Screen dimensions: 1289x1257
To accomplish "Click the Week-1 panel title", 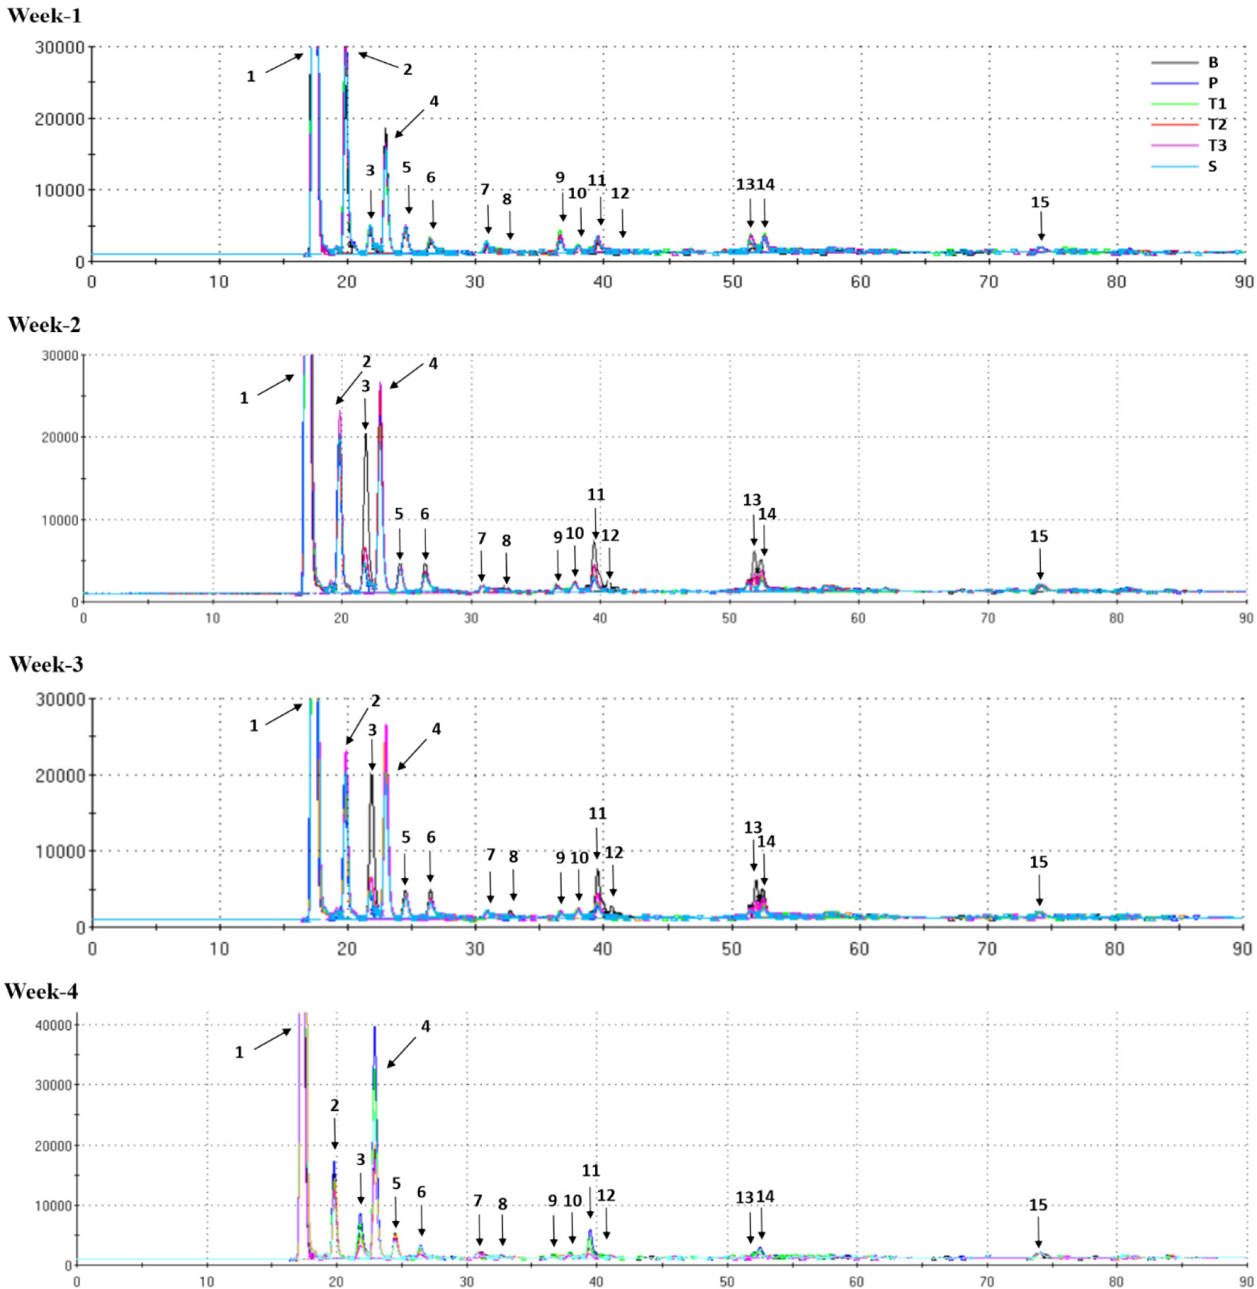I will coord(44,16).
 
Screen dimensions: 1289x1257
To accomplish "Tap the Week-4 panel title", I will coord(41,992).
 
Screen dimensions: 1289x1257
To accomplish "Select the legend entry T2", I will coord(1217,125).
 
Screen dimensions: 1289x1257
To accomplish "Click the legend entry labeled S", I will coord(1212,166).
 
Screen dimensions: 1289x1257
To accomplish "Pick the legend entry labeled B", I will coord(1212,62).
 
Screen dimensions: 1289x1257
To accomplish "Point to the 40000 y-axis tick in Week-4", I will coord(53,1026).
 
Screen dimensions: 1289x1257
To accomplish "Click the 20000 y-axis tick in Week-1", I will coord(60,119).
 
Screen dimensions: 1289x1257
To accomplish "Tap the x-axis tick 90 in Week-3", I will coord(1241,949).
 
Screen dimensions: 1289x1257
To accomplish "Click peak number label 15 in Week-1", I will coord(1039,203).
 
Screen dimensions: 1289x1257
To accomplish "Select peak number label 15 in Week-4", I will coord(1038,1205).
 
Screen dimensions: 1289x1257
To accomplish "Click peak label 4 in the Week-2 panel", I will coord(433,363).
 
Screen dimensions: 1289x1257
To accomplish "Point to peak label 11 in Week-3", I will coord(597,814).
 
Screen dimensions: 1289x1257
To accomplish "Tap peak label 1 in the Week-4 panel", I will coord(239,1052).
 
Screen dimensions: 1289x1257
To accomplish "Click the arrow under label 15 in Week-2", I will coord(1040,567).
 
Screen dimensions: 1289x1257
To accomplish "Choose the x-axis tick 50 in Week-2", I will coord(729,618).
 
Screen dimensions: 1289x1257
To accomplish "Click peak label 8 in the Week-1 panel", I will coord(507,200).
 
